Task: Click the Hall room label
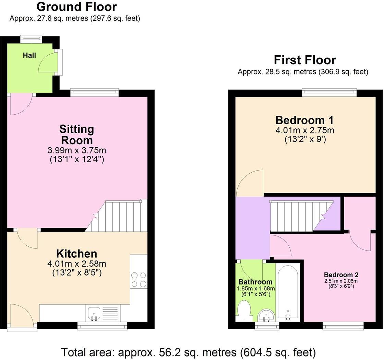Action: pyautogui.click(x=29, y=55)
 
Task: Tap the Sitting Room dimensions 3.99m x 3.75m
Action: pyautogui.click(x=76, y=150)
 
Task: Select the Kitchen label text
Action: pyautogui.click(x=77, y=254)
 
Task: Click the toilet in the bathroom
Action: pyautogui.click(x=244, y=310)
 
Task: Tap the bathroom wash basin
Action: pyautogui.click(x=266, y=314)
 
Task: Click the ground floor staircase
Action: pyautogui.click(x=119, y=216)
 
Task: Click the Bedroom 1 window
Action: pyautogui.click(x=329, y=93)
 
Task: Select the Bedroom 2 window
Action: pyautogui.click(x=343, y=326)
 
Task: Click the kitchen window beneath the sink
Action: pyautogui.click(x=102, y=326)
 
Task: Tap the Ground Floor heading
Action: pyautogui.click(x=76, y=7)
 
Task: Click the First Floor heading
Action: pyautogui.click(x=305, y=60)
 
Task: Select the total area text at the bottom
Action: pyautogui.click(x=188, y=352)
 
